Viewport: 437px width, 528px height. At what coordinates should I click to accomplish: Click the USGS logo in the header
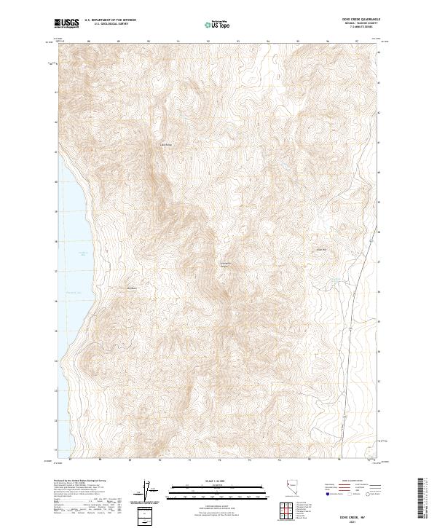pos(67,23)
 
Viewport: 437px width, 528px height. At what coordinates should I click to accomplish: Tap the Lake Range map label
pos(165,144)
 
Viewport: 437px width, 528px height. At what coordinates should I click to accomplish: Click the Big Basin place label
pos(132,288)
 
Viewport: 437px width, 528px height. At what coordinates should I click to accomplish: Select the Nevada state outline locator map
pos(294,489)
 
